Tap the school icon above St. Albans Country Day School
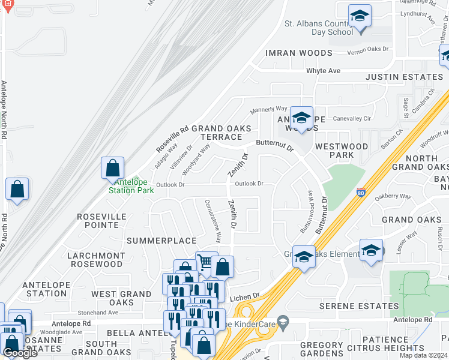point(360,16)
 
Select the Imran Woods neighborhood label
point(298,53)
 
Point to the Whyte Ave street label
point(323,71)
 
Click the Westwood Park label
point(342,150)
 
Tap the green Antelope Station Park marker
point(137,181)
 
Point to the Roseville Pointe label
point(101,220)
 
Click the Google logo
point(20,353)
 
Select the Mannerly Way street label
point(269,109)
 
